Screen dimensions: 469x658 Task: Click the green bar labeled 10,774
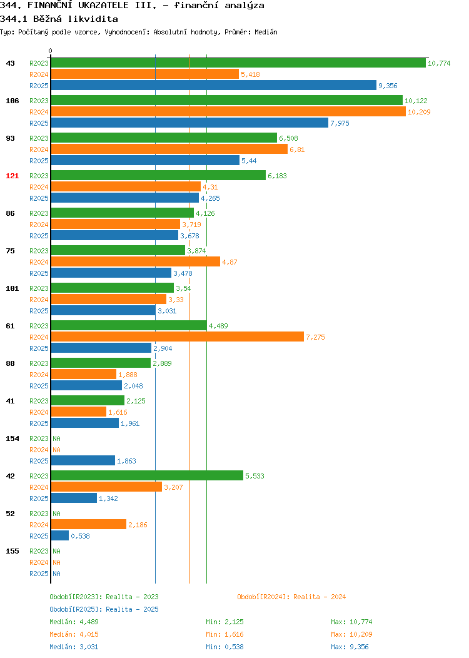[238, 63]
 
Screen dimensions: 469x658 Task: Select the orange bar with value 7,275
[178, 337]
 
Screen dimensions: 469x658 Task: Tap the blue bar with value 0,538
[60, 535]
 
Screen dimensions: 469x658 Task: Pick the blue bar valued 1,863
[83, 460]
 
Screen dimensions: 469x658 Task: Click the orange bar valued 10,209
[229, 111]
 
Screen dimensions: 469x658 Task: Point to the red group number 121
[12, 176]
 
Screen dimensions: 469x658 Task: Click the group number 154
[12, 438]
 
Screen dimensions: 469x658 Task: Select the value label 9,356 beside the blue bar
[388, 86]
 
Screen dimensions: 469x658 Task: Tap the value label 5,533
[255, 476]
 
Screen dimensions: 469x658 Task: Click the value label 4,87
[229, 262]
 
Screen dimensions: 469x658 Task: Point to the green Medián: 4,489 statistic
[74, 622]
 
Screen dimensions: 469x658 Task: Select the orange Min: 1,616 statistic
[224, 634]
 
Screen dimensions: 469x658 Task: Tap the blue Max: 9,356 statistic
[350, 647]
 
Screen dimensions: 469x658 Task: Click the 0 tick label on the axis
[51, 51]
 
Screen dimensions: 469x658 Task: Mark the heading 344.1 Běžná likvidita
[59, 19]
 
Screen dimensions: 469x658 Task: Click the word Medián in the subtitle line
[266, 32]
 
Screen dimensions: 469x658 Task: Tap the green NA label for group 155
[57, 551]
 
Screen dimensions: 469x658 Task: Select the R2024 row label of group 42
[39, 487]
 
